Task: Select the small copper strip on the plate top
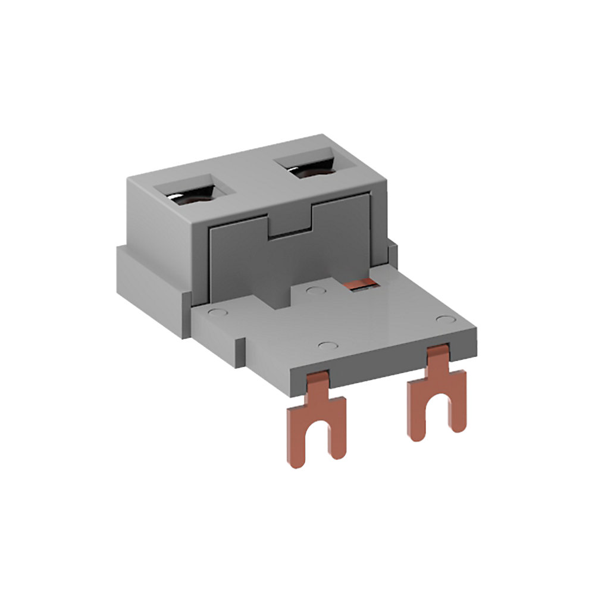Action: tap(361, 284)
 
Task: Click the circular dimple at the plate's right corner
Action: tap(443, 320)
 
